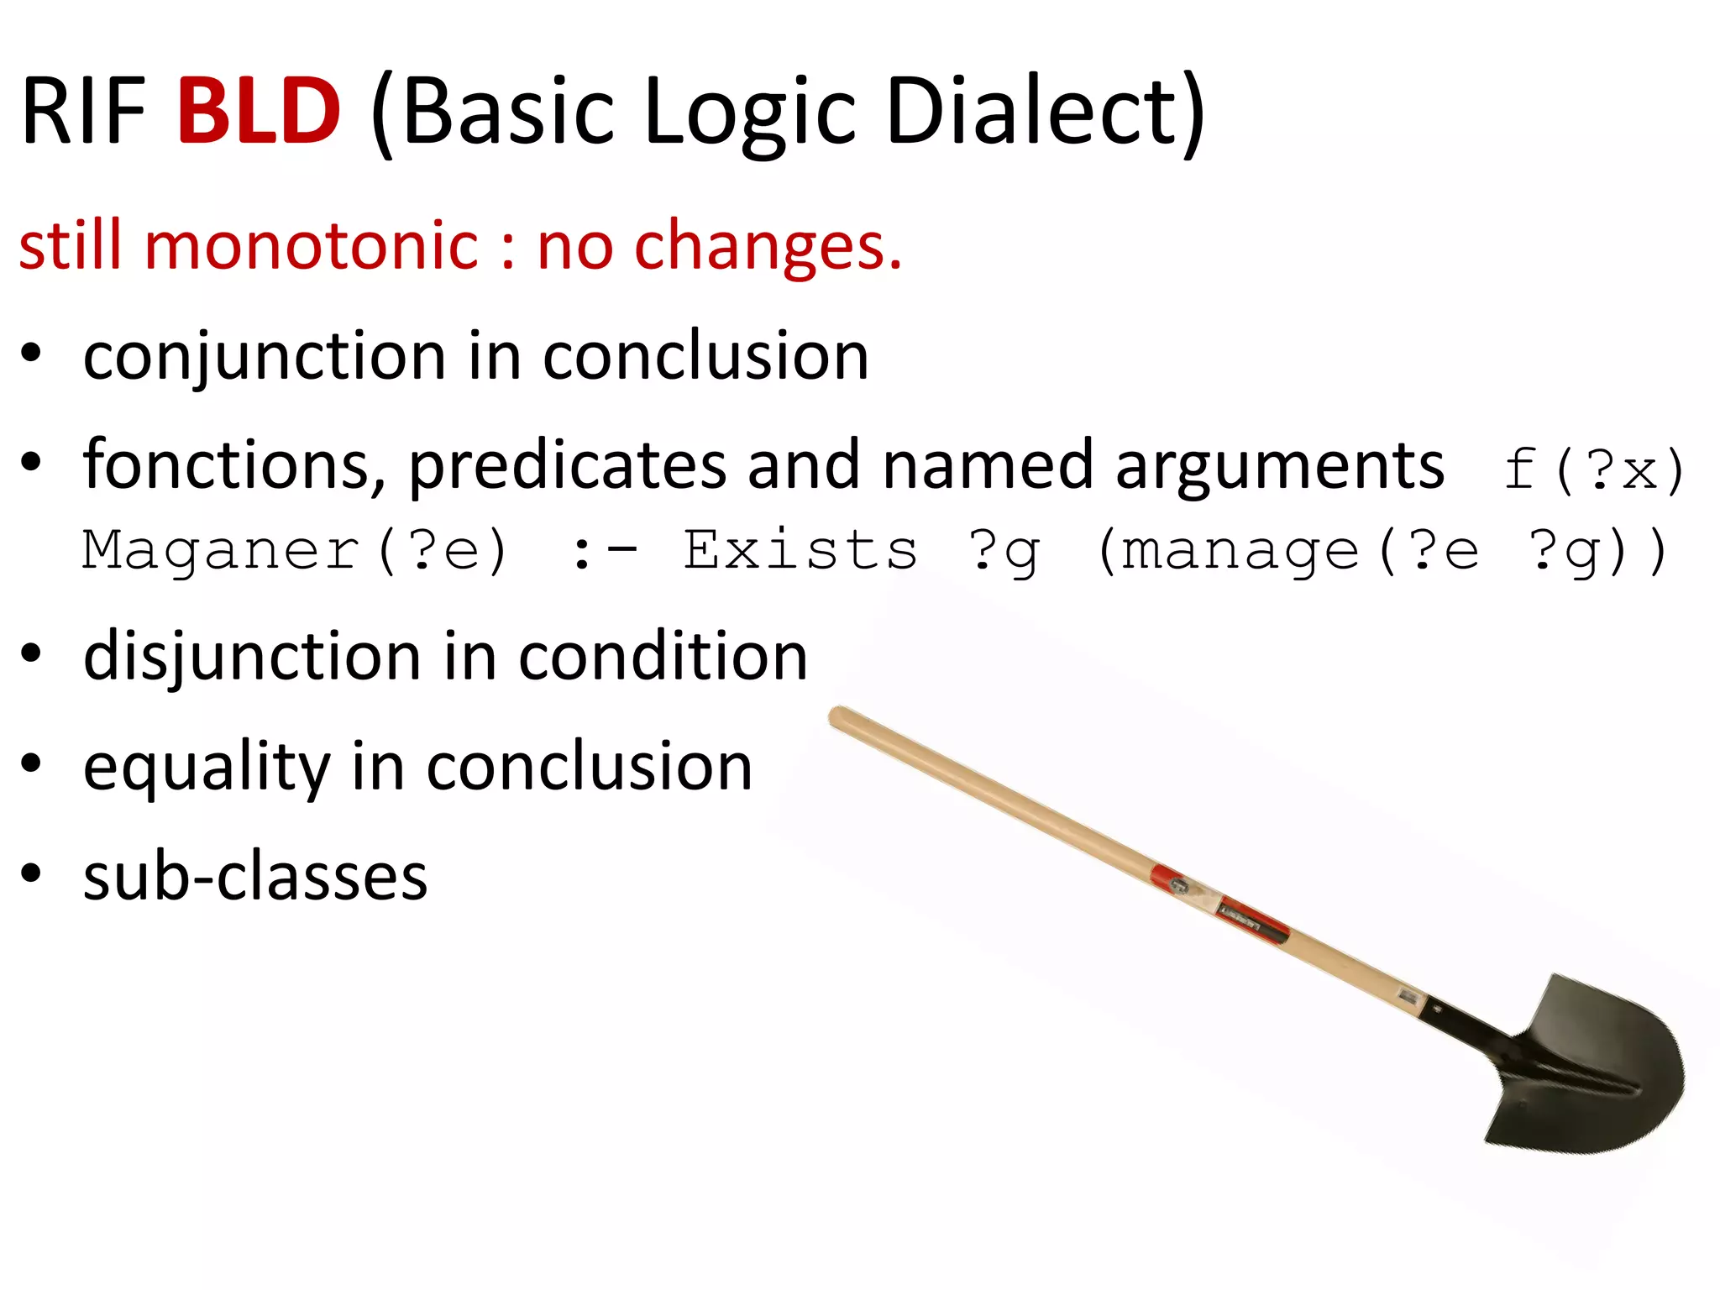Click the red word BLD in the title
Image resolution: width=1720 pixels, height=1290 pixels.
259,111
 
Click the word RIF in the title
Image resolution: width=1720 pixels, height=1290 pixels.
84,111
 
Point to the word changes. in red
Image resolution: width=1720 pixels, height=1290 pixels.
768,248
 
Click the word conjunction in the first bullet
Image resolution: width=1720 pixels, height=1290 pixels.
265,358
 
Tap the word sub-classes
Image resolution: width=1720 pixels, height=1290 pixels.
255,877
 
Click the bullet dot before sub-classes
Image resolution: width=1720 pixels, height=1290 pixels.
31,874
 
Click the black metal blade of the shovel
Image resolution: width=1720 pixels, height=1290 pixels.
1596,1067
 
